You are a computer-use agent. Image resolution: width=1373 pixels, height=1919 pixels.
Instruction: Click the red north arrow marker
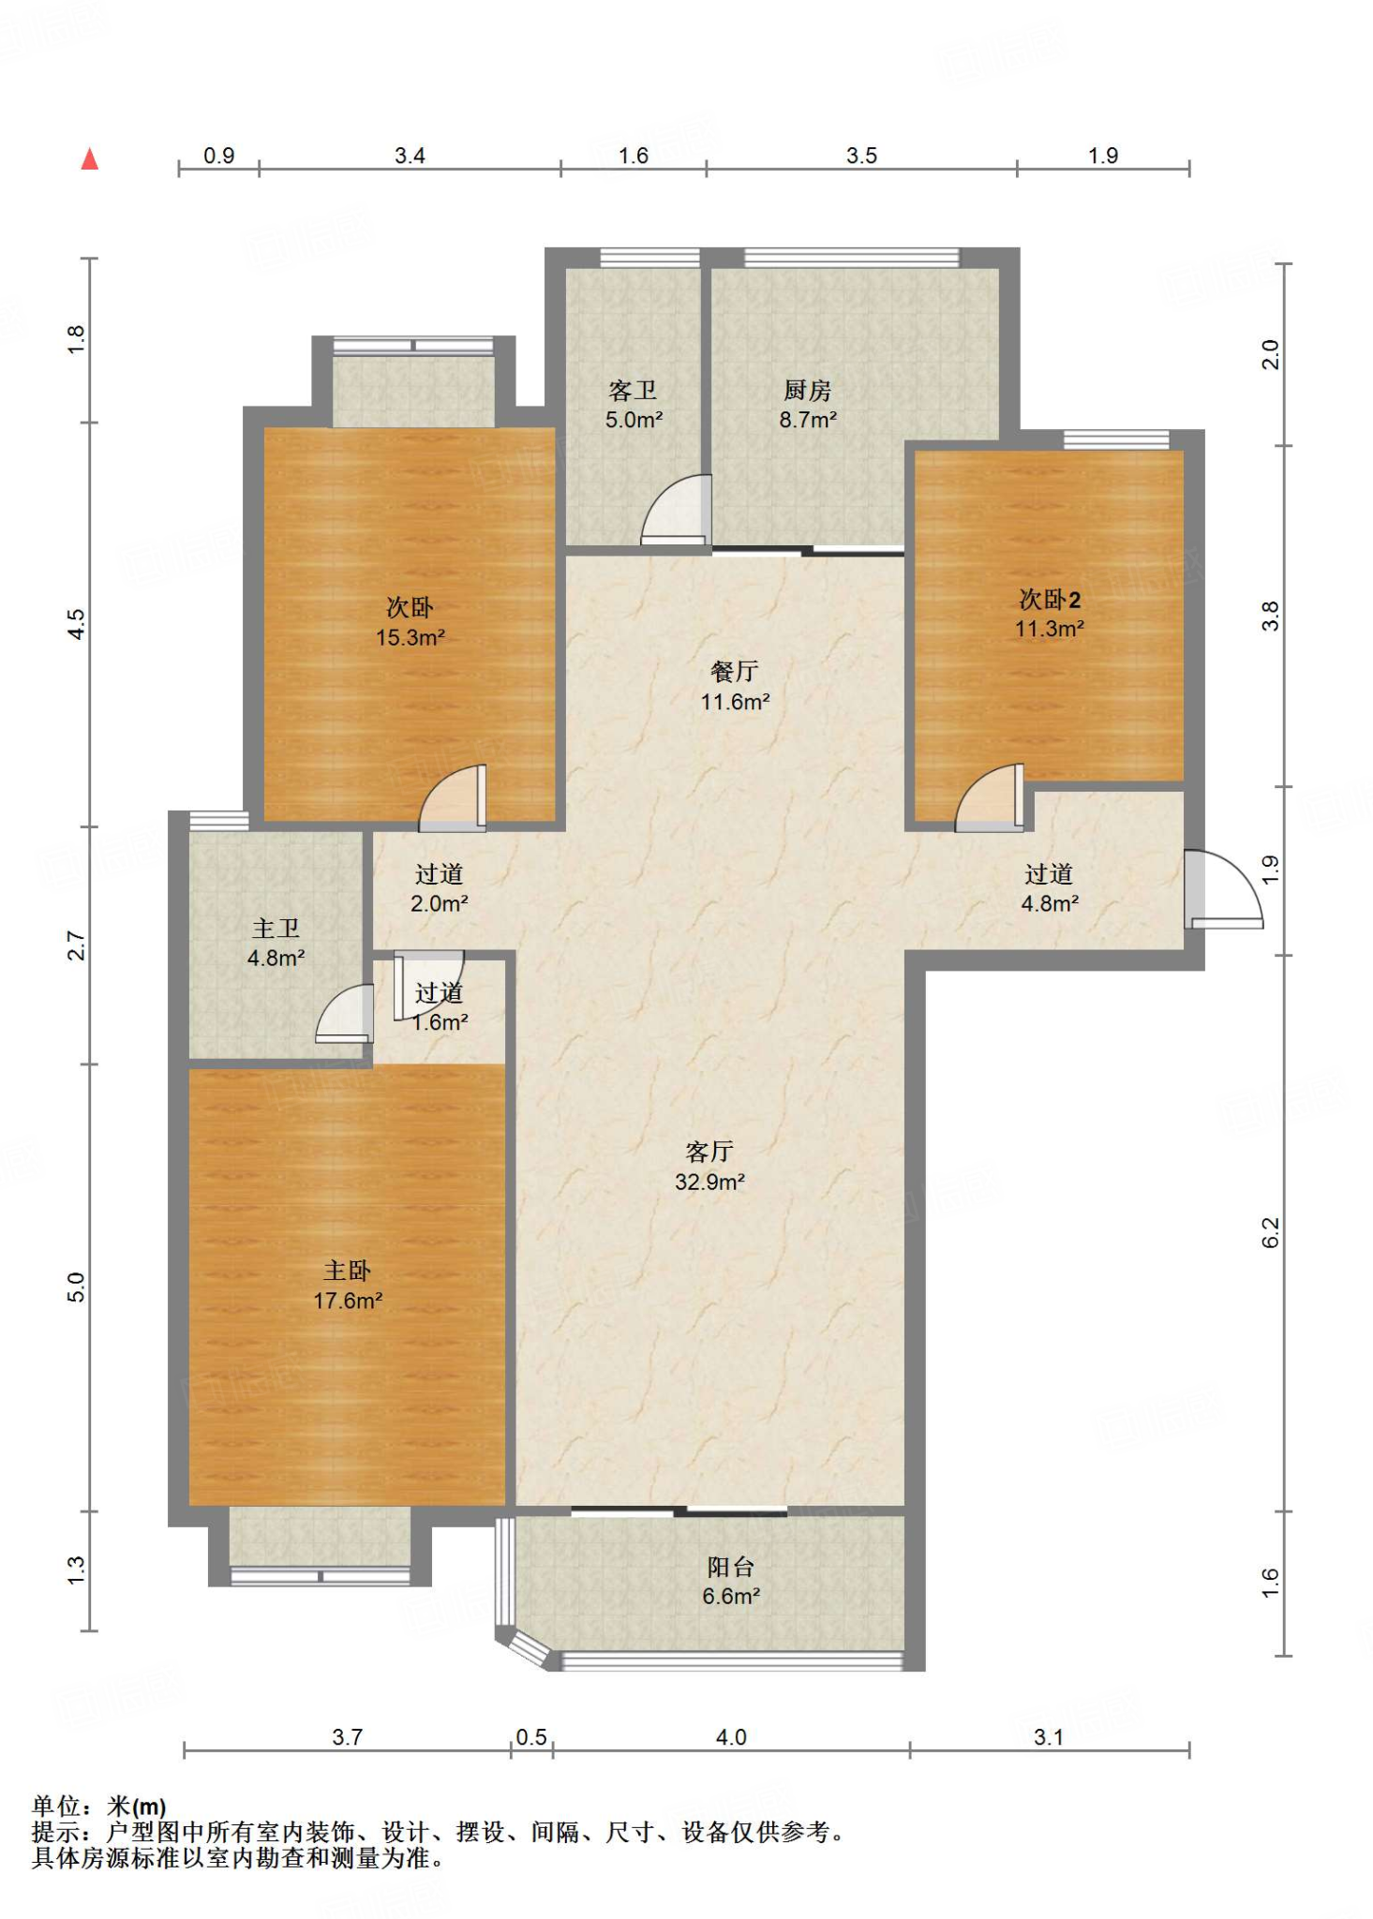[90, 158]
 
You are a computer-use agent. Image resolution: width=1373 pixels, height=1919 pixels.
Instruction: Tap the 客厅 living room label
[709, 1151]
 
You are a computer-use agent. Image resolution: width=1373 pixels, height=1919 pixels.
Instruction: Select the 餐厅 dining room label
[735, 671]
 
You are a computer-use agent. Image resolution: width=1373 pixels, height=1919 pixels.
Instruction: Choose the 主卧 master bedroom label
[348, 1270]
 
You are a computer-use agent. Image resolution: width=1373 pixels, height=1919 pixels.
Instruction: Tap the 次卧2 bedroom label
[1051, 599]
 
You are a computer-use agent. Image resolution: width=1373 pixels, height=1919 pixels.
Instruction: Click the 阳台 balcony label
[731, 1566]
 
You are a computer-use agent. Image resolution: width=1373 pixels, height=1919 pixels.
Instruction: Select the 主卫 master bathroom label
[276, 928]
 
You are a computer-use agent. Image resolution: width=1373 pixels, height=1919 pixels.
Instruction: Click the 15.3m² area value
[410, 638]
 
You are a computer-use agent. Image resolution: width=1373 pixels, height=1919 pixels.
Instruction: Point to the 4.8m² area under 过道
[1050, 904]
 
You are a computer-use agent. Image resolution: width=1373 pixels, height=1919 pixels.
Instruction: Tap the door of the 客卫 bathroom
[676, 510]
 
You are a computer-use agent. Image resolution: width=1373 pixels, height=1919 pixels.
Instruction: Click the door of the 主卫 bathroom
[344, 1013]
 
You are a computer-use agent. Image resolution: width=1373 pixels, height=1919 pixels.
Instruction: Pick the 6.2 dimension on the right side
[1270, 1232]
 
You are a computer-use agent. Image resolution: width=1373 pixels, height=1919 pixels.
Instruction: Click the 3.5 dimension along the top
[861, 156]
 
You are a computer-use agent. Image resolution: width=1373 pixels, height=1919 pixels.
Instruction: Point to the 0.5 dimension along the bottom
[531, 1737]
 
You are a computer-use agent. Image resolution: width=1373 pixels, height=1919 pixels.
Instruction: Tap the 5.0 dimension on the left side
[77, 1287]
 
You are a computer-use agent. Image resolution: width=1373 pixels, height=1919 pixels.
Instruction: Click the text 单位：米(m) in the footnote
[99, 1806]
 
